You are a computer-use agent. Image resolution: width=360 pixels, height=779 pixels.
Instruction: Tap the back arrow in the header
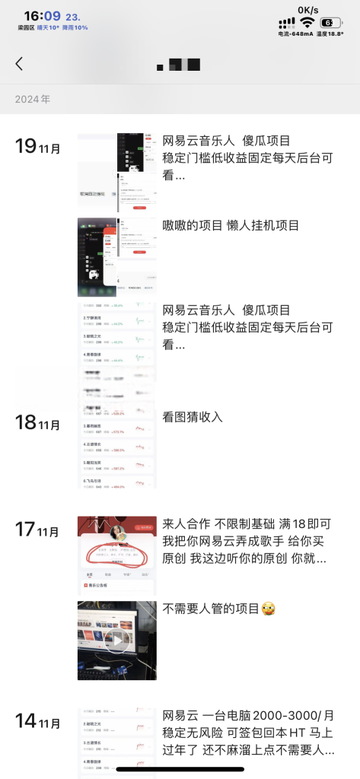click(19, 64)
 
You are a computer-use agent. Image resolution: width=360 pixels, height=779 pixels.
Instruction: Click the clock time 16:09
click(43, 15)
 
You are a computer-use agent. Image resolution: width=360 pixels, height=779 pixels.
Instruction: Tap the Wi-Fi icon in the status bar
click(307, 23)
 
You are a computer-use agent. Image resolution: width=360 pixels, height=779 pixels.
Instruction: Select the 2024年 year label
click(33, 99)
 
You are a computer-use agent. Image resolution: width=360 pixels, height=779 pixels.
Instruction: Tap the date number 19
click(26, 146)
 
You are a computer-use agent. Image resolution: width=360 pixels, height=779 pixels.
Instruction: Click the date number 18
click(26, 422)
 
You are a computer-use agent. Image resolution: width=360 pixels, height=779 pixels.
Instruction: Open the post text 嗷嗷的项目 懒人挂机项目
click(231, 225)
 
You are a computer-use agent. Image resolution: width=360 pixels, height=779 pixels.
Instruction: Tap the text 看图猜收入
click(193, 417)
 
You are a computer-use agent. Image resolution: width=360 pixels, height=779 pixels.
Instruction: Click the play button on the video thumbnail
click(116, 640)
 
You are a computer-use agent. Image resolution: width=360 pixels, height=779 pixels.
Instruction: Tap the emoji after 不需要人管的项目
click(268, 609)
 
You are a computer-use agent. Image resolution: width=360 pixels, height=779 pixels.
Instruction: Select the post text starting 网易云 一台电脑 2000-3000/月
click(248, 733)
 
